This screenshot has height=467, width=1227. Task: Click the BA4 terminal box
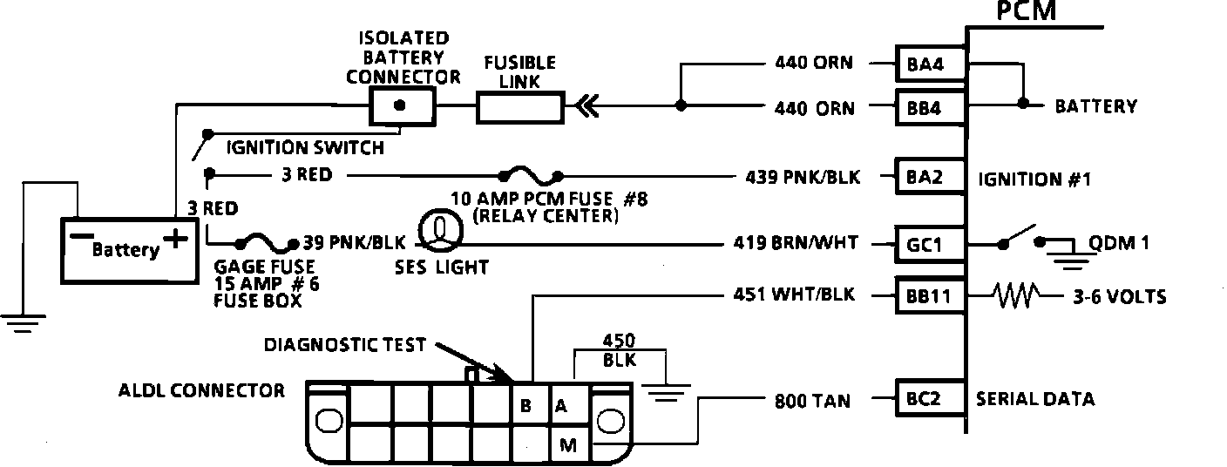tap(932, 64)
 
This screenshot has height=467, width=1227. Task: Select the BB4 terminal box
tap(932, 109)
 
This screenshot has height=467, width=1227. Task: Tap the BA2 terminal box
tap(932, 178)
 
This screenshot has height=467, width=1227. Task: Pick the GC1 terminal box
tap(932, 245)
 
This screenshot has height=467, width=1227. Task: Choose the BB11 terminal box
tap(932, 297)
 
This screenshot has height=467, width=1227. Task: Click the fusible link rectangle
tap(520, 109)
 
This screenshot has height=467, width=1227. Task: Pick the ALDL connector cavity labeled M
tap(568, 445)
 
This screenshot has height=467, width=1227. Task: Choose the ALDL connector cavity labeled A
tap(562, 405)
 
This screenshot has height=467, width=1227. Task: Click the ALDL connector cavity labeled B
tap(525, 405)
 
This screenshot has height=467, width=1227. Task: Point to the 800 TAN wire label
tap(812, 401)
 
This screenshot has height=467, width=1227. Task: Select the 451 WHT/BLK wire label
tap(796, 295)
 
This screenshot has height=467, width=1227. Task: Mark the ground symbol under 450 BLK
tap(668, 394)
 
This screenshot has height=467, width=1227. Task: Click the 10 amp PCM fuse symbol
tap(529, 174)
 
